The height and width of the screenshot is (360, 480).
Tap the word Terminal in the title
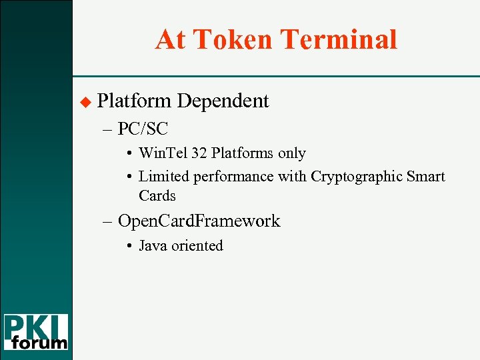[339, 39]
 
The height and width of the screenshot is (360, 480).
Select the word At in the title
[170, 39]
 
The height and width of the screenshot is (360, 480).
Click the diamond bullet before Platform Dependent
[84, 102]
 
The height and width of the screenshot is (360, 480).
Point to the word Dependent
[223, 101]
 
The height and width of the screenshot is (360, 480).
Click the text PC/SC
[142, 128]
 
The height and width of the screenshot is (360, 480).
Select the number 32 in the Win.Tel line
[199, 153]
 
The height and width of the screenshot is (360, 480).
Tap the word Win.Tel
[163, 153]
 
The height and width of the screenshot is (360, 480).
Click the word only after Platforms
[292, 153]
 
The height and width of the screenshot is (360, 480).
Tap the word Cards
[157, 196]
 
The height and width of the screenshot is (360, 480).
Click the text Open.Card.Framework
[199, 221]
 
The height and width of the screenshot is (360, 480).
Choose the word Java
[153, 245]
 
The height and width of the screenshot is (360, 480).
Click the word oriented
[197, 245]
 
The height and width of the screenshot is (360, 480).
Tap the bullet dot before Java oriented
[129, 246]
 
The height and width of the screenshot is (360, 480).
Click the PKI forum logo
[36, 331]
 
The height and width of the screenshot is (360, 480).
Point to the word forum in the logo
[40, 343]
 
